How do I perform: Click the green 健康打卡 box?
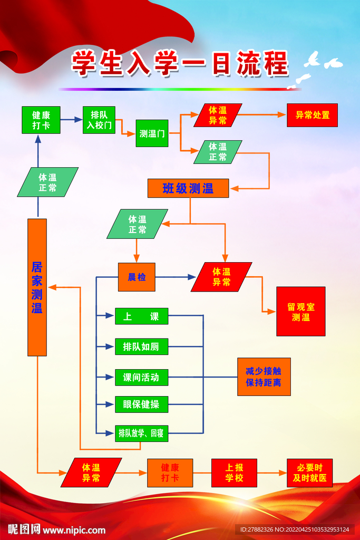pyautogui.click(x=41, y=120)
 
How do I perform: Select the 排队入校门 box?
pyautogui.click(x=99, y=120)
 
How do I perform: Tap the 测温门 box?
pyautogui.click(x=152, y=133)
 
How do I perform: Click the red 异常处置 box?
pyautogui.click(x=312, y=115)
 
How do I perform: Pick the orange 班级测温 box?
pyautogui.click(x=188, y=188)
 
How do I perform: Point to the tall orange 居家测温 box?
pyautogui.click(x=37, y=287)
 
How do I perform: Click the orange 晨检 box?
pyautogui.click(x=137, y=277)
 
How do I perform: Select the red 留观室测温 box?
pyautogui.click(x=300, y=311)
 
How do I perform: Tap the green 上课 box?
pyautogui.click(x=141, y=316)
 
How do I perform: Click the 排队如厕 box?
pyautogui.click(x=141, y=346)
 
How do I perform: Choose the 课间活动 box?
pyautogui.click(x=141, y=377)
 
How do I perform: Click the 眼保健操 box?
pyautogui.click(x=141, y=404)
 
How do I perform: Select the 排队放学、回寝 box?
pyautogui.click(x=141, y=433)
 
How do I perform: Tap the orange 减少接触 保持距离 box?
pyautogui.click(x=264, y=377)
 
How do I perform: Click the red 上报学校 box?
pyautogui.click(x=234, y=472)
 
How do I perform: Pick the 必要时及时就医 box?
pyautogui.click(x=310, y=472)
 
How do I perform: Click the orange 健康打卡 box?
pyautogui.click(x=170, y=472)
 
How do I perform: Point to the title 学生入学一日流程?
pyautogui.click(x=180, y=63)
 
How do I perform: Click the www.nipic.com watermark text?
pyautogui.click(x=74, y=530)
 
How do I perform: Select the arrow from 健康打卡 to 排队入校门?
pyautogui.click(x=71, y=120)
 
